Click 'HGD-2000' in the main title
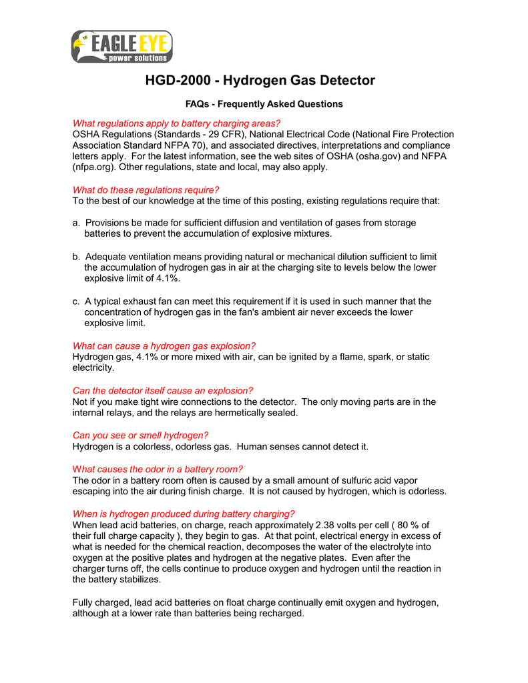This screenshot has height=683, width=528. tap(180, 81)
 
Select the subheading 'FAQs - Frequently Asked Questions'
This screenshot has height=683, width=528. tap(264, 104)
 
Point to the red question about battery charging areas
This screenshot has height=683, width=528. tap(176, 123)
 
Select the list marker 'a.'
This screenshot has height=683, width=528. tap(77, 223)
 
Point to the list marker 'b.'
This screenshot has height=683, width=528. tap(77, 257)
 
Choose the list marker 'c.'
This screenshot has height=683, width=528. tap(77, 301)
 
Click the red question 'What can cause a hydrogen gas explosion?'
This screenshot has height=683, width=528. tap(164, 346)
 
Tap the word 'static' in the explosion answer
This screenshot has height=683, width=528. tap(417, 357)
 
